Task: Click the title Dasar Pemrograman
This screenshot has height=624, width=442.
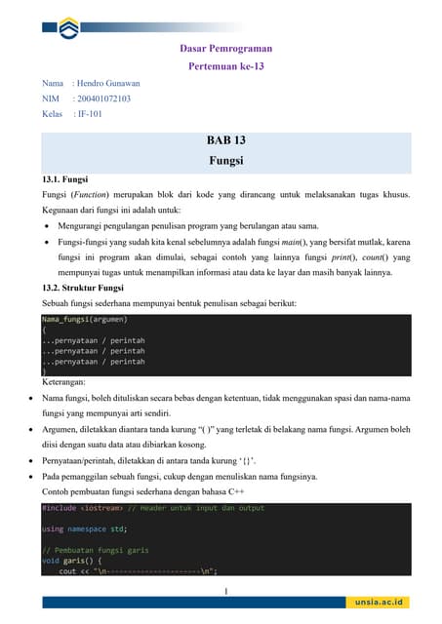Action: (x=226, y=48)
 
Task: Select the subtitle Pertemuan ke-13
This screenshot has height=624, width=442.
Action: (x=226, y=66)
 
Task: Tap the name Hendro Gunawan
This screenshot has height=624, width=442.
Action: (x=108, y=84)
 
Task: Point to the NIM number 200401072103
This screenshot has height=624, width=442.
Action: (x=104, y=98)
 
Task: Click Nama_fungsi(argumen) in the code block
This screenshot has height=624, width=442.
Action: (x=85, y=319)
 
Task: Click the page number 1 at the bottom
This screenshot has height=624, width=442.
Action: (x=226, y=591)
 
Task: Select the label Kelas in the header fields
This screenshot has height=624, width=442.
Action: (x=52, y=113)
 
